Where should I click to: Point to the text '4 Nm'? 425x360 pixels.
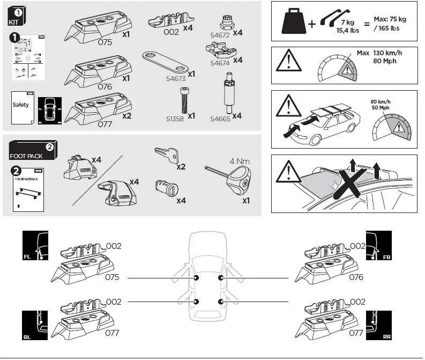pos(240,160)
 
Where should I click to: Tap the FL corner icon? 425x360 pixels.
pos(35,246)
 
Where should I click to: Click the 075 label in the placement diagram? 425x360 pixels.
pos(113,277)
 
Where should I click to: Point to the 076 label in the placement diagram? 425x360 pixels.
pos(356,277)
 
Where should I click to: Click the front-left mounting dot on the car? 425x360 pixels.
pos(197,278)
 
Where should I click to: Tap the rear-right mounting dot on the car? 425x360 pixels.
pos(221,302)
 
